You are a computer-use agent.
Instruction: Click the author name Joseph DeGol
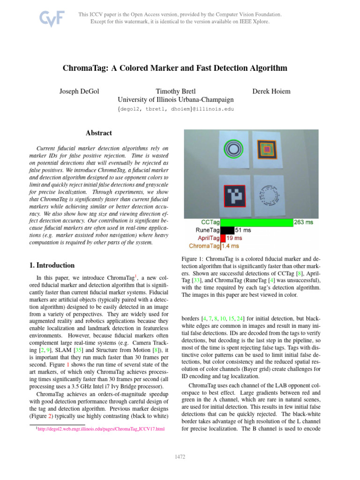79,90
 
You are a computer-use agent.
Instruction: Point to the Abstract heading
99,133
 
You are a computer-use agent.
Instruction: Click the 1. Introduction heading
52,265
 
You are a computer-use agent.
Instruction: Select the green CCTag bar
256,223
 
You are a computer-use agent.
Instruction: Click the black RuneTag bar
227,230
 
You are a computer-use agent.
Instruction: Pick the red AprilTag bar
223,238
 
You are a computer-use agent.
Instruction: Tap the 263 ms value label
303,223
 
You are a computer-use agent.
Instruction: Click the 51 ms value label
243,230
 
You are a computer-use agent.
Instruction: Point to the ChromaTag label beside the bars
204,246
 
